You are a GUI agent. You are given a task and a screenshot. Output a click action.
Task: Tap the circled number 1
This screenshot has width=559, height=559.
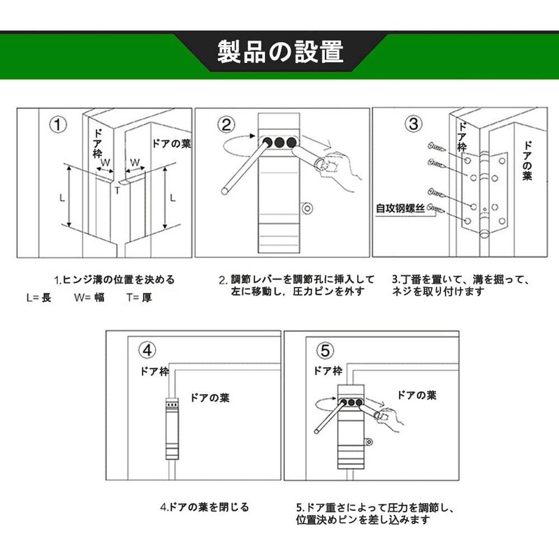pyautogui.click(x=60, y=126)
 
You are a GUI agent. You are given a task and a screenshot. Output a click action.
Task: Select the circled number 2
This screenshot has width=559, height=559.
pyautogui.click(x=226, y=125)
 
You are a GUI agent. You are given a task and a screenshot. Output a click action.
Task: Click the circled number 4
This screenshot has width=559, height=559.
pyautogui.click(x=147, y=349)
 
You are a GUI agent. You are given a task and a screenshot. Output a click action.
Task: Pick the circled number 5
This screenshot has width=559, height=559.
pyautogui.click(x=326, y=349)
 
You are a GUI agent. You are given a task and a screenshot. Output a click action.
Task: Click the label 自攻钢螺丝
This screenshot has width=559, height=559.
pyautogui.click(x=400, y=208)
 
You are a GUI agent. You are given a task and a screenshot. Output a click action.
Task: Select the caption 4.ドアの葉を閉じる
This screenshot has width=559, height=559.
pyautogui.click(x=204, y=507)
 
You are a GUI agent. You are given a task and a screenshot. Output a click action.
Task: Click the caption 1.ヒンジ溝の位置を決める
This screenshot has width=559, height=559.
pyautogui.click(x=115, y=279)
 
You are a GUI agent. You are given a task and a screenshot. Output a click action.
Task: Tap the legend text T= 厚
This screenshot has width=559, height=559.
pyautogui.click(x=139, y=297)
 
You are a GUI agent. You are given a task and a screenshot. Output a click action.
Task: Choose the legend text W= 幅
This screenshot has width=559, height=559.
pyautogui.click(x=89, y=297)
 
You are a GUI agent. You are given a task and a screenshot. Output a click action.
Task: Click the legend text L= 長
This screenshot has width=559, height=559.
pyautogui.click(x=38, y=297)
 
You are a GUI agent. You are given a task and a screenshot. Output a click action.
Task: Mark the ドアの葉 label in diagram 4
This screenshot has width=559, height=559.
pyautogui.click(x=210, y=398)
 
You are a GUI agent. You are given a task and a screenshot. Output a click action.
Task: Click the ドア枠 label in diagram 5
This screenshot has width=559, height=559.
pyautogui.click(x=327, y=371)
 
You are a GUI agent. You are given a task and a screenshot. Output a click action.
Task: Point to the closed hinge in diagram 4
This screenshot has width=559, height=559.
pyautogui.click(x=170, y=426)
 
